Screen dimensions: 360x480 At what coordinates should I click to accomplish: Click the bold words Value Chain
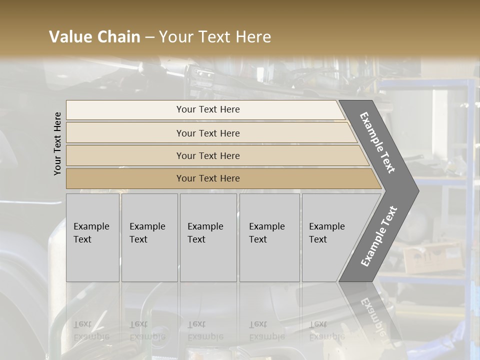click(94, 37)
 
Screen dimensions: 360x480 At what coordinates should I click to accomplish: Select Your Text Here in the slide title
click(215, 37)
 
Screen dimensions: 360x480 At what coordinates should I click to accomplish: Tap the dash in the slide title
click(149, 37)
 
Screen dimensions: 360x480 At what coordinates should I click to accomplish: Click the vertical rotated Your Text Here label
click(57, 143)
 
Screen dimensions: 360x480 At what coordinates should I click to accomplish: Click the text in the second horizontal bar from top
click(208, 133)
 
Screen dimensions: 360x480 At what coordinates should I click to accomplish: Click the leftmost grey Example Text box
click(92, 237)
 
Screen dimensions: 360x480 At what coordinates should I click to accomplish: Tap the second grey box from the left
click(149, 237)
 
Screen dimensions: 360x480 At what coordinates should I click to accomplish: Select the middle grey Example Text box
click(208, 237)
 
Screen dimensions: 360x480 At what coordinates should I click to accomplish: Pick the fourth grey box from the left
click(269, 237)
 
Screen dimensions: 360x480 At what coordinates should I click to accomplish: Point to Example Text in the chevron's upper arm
click(377, 142)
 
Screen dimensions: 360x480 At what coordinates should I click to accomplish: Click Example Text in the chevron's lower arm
click(378, 236)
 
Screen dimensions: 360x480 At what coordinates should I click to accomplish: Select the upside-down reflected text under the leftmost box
click(91, 330)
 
